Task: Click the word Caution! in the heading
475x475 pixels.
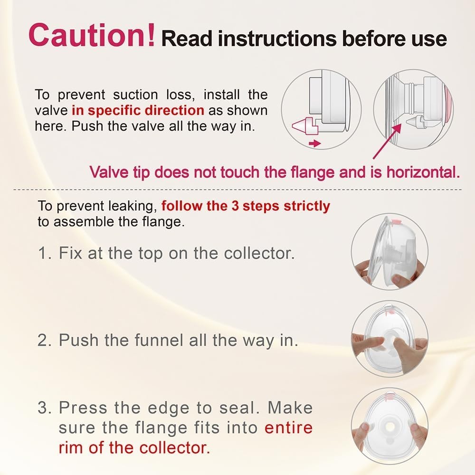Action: tap(92, 35)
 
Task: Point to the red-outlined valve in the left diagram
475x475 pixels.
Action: tap(306, 125)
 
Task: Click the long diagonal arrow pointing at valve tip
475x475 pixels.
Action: tap(387, 141)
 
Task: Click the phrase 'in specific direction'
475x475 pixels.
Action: tap(138, 110)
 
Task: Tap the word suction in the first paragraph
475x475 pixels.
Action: tap(135, 95)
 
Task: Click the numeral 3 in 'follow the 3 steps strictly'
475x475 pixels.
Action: tap(235, 206)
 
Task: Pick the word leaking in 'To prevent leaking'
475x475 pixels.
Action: tap(133, 206)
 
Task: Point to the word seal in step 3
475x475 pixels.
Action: tap(239, 408)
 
